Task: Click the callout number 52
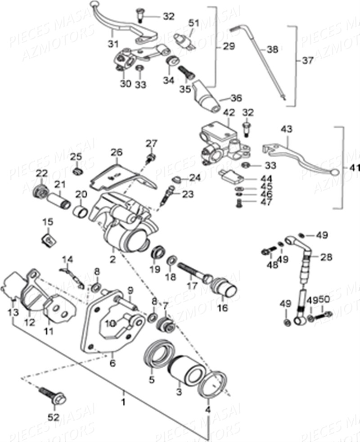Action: [54, 417]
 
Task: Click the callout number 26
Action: [117, 153]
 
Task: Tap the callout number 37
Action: [308, 61]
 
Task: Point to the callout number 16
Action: [223, 308]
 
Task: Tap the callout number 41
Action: [355, 168]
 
